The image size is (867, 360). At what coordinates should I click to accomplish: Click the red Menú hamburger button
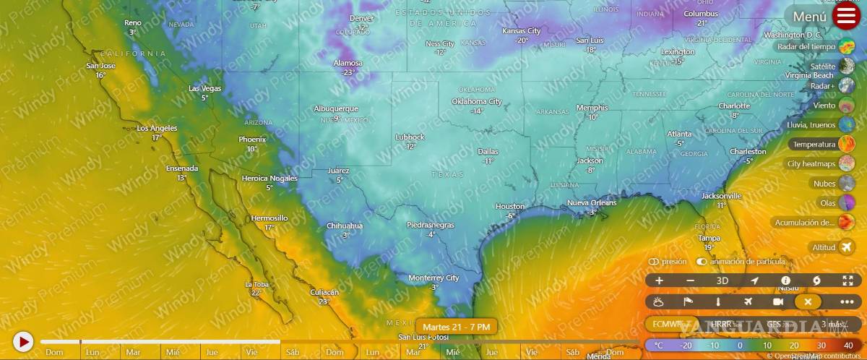pos(846,16)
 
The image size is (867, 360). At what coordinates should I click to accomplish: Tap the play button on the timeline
pos(23,341)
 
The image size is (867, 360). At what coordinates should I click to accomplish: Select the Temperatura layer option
pos(822,145)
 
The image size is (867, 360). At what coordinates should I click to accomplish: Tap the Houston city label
pos(509,207)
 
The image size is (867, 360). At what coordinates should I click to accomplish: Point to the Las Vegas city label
pos(204,88)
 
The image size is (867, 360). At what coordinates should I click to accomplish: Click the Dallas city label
pos(488,152)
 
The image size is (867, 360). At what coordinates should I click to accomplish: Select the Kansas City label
pos(521,31)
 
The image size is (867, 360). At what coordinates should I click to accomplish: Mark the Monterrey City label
pos(433,278)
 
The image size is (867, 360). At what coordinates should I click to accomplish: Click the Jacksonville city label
pos(721,196)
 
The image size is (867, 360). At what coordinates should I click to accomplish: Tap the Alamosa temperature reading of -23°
pos(349,72)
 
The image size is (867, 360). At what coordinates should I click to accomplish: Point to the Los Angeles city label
pos(157,128)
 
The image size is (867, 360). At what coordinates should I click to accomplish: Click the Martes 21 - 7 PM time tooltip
pos(456,327)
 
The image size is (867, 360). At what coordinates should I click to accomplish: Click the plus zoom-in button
pos(659,280)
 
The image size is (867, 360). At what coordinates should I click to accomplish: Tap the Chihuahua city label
pos(345,226)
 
